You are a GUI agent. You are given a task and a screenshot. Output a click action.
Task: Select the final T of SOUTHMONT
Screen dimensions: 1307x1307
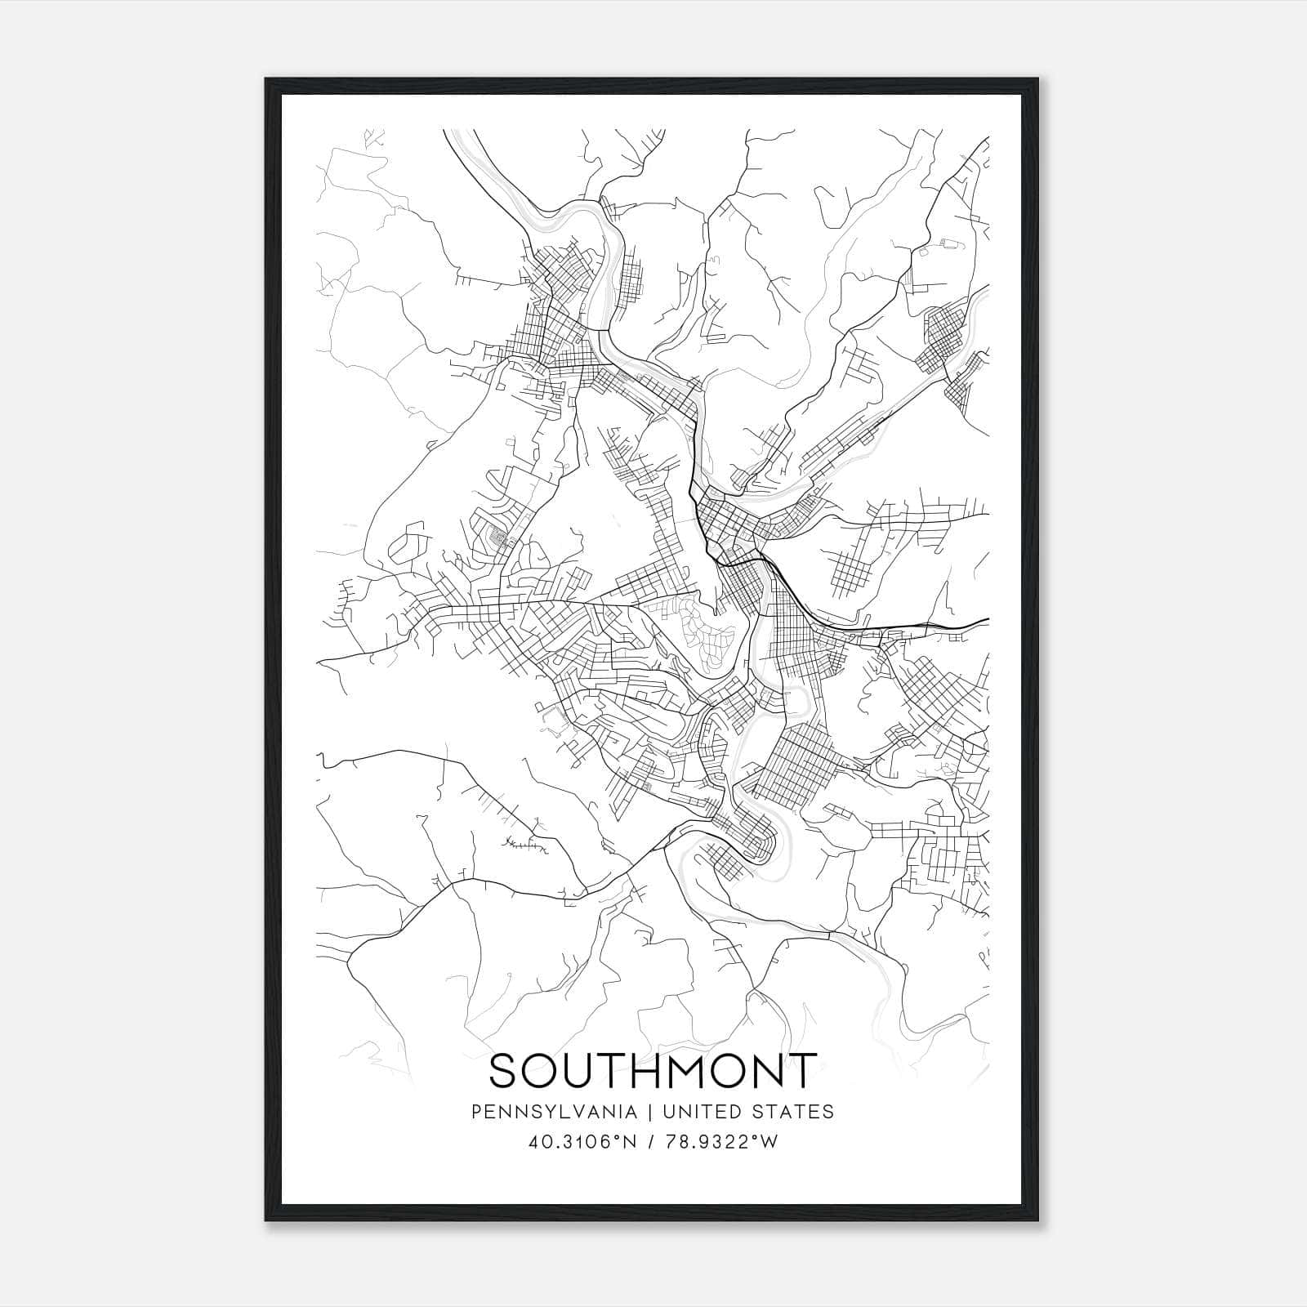click(801, 1071)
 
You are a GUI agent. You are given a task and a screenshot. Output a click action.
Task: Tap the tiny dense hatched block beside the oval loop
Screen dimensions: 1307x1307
click(497, 538)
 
